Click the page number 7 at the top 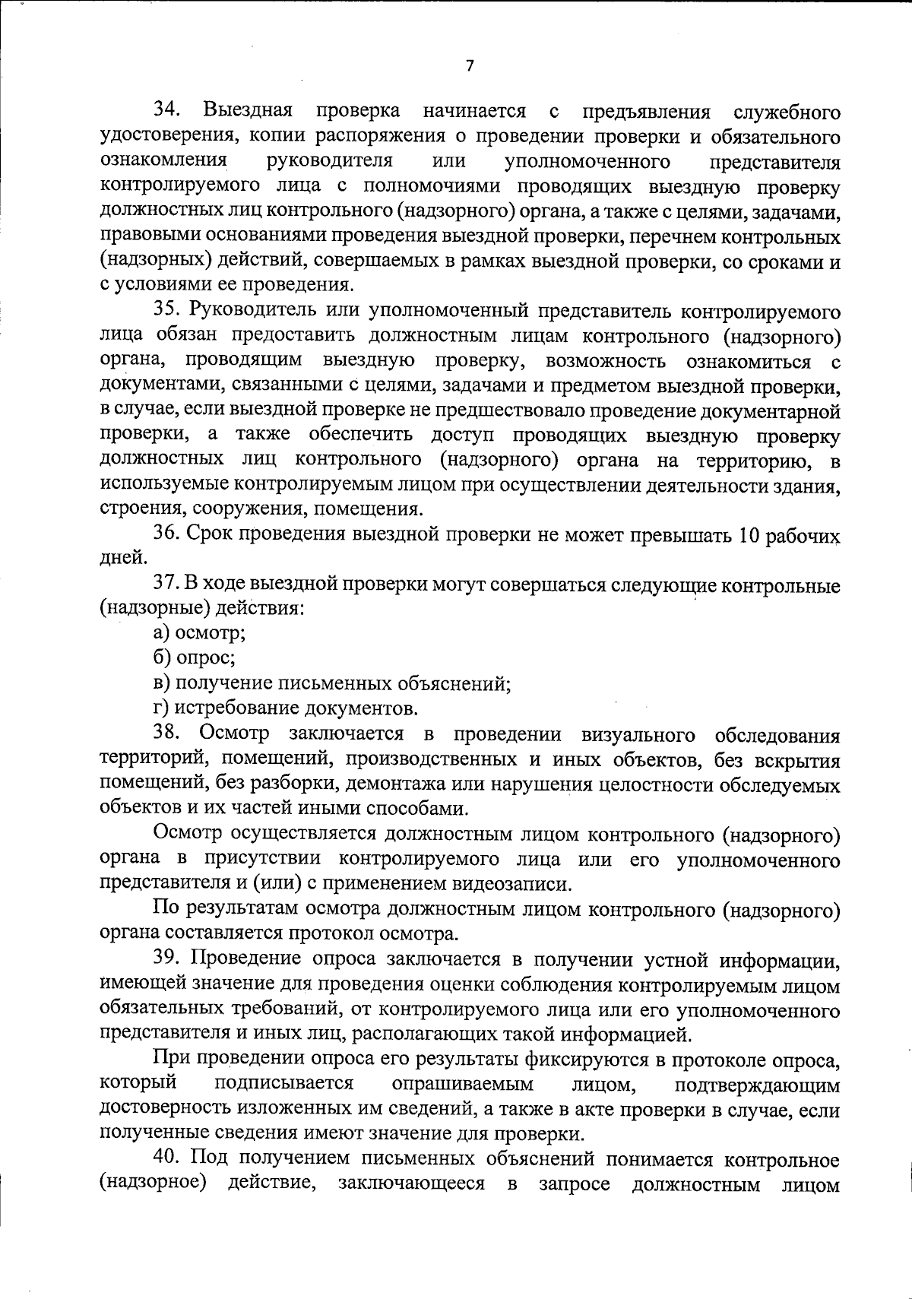tap(469, 66)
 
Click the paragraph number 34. tap(167, 112)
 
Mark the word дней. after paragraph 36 tap(123, 559)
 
